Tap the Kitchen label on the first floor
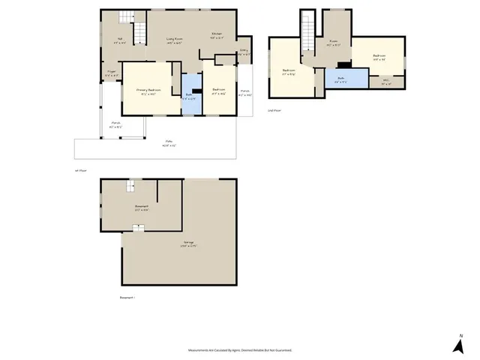(x=217, y=34)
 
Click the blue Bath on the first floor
(x=192, y=95)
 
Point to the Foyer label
(x=111, y=73)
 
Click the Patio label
(x=169, y=145)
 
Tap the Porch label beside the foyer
(x=115, y=124)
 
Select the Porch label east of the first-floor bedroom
(x=245, y=93)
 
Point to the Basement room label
(x=141, y=208)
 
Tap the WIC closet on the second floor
(x=385, y=82)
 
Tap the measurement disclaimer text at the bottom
(x=240, y=350)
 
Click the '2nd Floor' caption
(x=274, y=110)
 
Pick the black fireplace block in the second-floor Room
(x=341, y=64)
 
